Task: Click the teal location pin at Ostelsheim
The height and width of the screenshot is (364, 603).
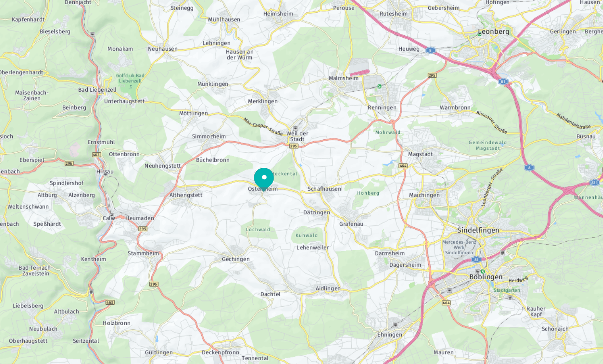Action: pos(264,178)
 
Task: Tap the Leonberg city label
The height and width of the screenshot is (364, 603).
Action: pos(493,32)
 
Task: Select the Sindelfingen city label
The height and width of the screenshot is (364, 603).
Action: pos(478,230)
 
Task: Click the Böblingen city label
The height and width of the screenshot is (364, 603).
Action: pos(486,277)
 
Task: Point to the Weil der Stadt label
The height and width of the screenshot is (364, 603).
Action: pos(297,136)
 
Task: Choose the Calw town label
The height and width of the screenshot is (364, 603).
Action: pos(109,218)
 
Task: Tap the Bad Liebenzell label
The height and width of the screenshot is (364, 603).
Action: pos(97,90)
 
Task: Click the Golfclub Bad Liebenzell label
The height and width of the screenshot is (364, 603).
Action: pos(130,78)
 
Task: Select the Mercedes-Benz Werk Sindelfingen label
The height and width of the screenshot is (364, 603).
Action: pos(459,247)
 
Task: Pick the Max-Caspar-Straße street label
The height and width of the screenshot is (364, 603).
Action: pos(263,126)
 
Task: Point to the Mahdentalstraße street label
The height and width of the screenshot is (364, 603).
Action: pos(573,121)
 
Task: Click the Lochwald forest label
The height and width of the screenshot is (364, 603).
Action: pos(258,230)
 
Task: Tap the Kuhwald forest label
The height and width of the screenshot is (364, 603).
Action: pos(307,235)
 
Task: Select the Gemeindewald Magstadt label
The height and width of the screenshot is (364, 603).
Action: pos(488,145)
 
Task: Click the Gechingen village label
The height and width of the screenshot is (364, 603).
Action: pos(236,259)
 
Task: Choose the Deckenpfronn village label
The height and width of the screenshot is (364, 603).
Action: pos(220,352)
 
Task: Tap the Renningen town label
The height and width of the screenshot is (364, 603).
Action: pos(382,108)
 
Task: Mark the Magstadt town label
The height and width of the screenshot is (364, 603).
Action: pos(420,154)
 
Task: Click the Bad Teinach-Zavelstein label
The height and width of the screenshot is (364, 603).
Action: pos(35,270)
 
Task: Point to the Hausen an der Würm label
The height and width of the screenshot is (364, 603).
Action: pos(239,55)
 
